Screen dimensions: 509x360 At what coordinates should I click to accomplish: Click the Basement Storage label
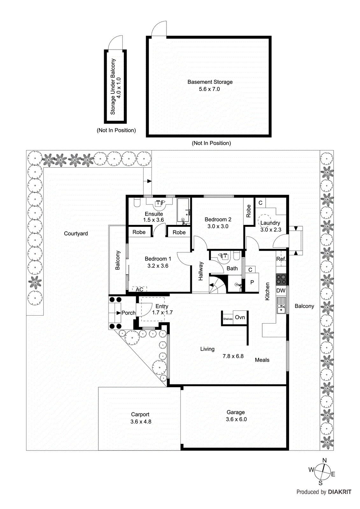click(210, 82)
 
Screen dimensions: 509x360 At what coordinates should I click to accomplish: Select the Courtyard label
click(76, 234)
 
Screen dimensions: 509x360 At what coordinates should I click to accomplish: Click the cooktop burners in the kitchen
click(281, 279)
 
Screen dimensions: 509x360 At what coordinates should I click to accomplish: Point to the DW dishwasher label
click(281, 290)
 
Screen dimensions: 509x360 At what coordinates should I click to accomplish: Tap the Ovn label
click(240, 317)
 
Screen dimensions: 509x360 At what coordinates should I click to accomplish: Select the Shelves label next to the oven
click(228, 319)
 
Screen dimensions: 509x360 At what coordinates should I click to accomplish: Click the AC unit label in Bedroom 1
click(139, 289)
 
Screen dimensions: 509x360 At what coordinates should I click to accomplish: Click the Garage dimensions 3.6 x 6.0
click(236, 419)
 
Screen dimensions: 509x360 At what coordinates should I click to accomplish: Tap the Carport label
click(140, 414)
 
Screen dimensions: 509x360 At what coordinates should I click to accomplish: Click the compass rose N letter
click(324, 460)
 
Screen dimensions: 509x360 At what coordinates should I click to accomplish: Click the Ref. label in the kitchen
click(281, 259)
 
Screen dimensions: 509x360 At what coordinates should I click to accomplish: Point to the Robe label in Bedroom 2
click(249, 211)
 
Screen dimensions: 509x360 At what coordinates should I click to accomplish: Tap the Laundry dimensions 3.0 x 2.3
click(271, 230)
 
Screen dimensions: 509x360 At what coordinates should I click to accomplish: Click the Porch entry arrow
click(118, 313)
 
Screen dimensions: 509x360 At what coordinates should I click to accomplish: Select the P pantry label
click(252, 282)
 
